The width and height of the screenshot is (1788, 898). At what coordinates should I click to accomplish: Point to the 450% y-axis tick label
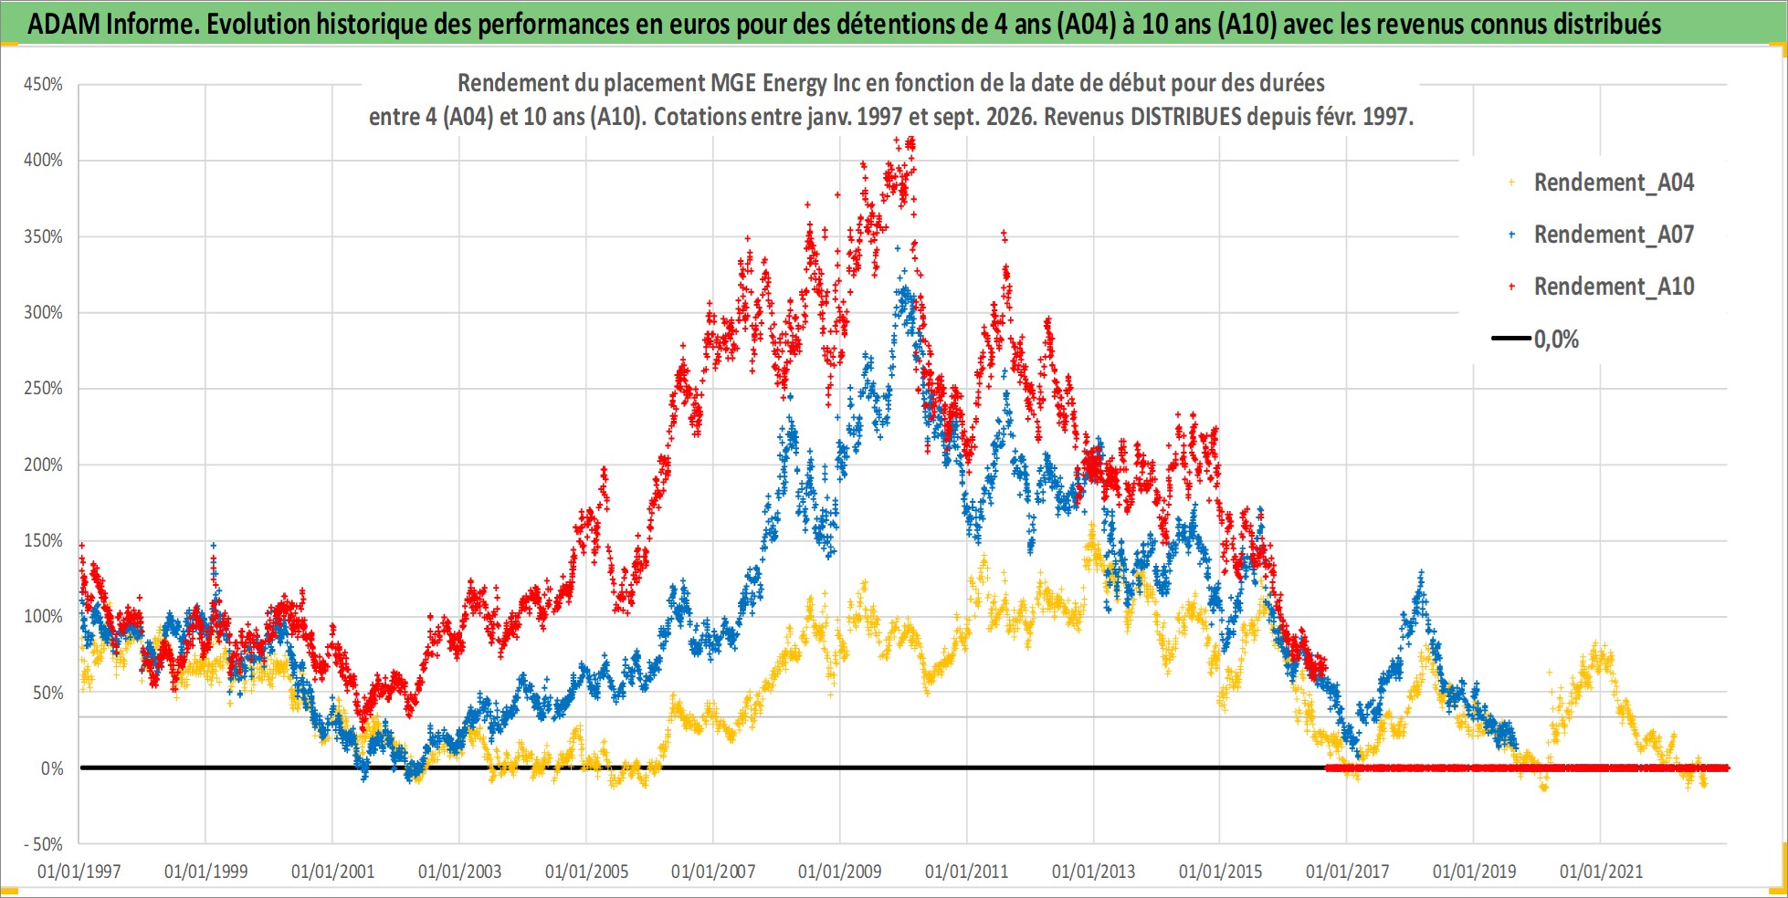(43, 84)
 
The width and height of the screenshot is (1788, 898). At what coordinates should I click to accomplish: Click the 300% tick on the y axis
(43, 312)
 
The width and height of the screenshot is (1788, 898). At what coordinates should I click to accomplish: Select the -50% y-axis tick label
(43, 844)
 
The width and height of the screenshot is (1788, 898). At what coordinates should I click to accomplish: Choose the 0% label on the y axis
(52, 768)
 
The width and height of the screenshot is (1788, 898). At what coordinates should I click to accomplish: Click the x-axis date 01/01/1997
(79, 872)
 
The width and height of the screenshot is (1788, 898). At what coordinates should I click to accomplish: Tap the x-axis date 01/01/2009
(840, 872)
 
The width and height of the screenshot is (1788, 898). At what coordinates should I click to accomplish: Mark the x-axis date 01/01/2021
(1601, 872)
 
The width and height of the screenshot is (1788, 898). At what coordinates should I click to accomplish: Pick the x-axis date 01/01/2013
(1093, 872)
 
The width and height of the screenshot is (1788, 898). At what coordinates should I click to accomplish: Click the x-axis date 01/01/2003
(459, 872)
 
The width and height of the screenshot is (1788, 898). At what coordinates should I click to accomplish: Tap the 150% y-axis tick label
(43, 540)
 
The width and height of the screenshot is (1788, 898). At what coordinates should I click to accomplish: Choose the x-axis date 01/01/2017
(1347, 872)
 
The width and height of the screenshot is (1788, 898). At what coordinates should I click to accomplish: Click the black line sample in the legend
(1511, 339)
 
